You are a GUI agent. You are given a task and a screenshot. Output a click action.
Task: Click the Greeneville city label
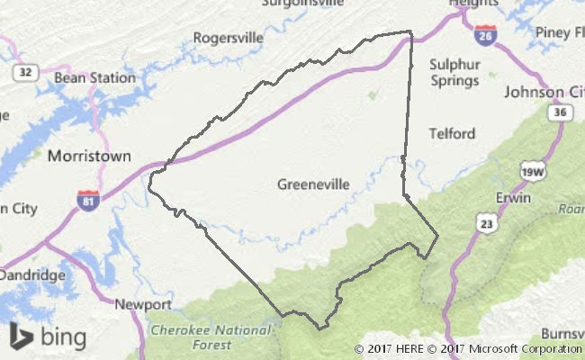[313, 184]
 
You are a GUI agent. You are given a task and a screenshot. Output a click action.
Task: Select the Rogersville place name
[229, 38]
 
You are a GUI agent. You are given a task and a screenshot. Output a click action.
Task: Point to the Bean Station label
[94, 77]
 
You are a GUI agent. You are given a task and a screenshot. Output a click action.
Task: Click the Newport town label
[143, 304]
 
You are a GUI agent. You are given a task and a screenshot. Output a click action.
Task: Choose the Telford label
[452, 134]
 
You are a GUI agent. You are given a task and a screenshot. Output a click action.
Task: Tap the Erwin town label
[514, 197]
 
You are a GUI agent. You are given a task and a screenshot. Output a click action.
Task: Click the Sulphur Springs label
[454, 72]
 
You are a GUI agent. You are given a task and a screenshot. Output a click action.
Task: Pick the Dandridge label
[32, 274]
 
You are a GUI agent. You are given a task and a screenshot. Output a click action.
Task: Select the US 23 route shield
[486, 221]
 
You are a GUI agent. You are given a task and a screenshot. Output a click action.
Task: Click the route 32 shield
[26, 73]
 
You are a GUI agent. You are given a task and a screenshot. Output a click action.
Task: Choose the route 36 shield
[559, 112]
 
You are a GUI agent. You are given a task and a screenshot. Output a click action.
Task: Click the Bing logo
[49, 337]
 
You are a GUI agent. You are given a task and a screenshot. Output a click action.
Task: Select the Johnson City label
[544, 92]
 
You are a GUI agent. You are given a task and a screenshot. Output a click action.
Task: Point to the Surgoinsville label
[302, 4]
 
